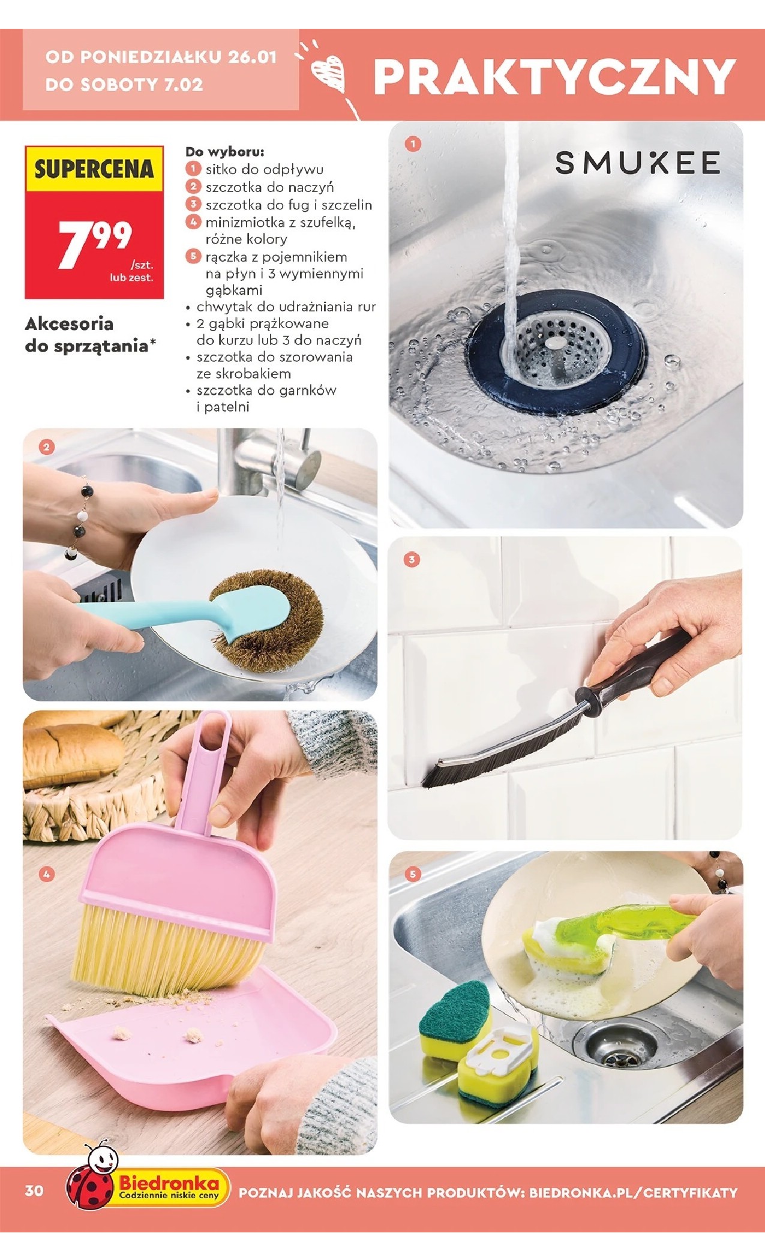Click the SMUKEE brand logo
click(637, 163)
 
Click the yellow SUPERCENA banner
click(94, 169)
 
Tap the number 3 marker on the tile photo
click(411, 560)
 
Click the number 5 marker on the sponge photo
click(412, 874)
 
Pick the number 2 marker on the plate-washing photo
click(46, 446)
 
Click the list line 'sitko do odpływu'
click(265, 170)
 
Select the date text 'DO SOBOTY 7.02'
click(124, 84)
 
